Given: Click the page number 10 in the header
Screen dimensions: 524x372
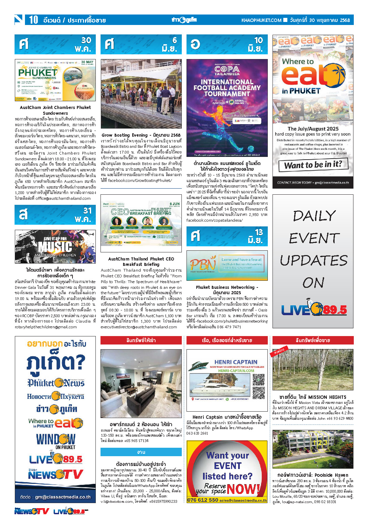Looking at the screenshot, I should [33, 20].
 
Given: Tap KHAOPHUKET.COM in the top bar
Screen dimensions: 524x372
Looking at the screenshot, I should [261, 20].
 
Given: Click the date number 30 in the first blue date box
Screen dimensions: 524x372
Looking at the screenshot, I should [86, 40].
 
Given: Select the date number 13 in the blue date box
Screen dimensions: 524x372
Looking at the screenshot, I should [259, 232].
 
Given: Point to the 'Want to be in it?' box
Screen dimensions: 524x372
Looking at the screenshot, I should [313, 165].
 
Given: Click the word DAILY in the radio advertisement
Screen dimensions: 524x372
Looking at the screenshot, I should [314, 216].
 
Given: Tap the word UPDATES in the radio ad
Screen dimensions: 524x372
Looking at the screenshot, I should [313, 260].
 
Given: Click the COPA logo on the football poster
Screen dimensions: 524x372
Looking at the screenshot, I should [227, 70].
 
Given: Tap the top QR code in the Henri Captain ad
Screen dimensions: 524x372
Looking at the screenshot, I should [259, 379].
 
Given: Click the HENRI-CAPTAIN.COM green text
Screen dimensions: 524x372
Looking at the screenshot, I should [236, 370].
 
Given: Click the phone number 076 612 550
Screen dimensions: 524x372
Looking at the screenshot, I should [202, 500].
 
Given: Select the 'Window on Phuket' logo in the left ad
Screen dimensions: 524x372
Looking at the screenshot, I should [56, 441].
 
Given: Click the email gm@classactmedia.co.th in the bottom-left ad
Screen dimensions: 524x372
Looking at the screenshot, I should [63, 497].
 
